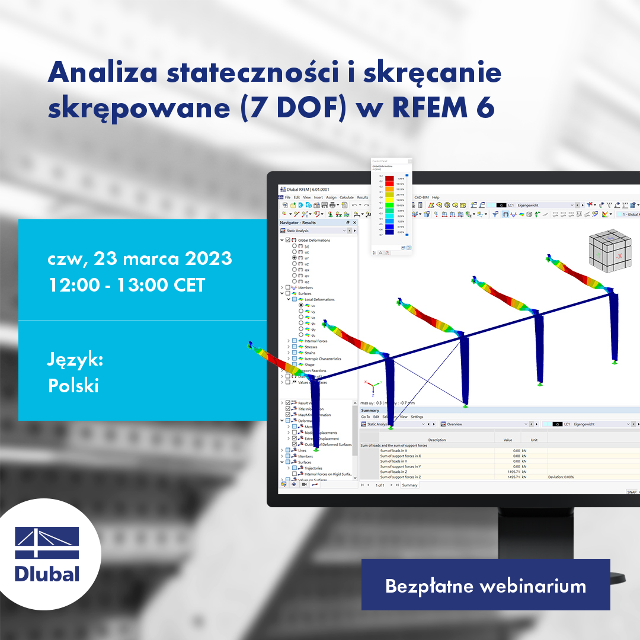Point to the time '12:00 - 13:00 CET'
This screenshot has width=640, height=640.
[x=126, y=285]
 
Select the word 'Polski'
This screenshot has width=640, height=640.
[x=73, y=385]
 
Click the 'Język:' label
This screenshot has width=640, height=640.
[x=75, y=360]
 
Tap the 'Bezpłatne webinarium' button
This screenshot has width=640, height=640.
[x=485, y=585]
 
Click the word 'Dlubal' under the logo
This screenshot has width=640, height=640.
[x=47, y=574]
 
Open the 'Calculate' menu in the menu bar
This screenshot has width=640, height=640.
[x=347, y=197]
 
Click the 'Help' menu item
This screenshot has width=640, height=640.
[x=436, y=197]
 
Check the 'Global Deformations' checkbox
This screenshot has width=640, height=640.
[x=288, y=240]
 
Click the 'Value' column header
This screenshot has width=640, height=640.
[x=507, y=440]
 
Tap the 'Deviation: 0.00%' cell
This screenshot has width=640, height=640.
[x=561, y=477]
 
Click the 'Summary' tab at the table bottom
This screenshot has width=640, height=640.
[x=409, y=485]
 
